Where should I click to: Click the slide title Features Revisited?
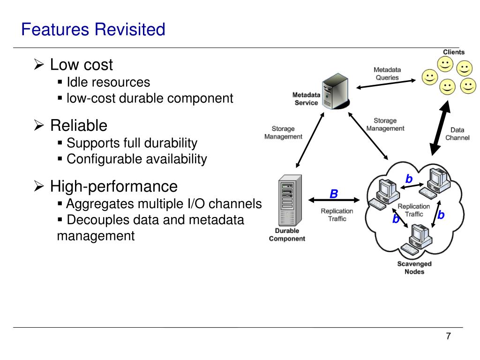click(x=93, y=30)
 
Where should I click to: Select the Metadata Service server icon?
click(x=336, y=91)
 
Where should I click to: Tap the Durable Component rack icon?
click(x=290, y=201)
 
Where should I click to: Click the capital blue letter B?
click(x=334, y=194)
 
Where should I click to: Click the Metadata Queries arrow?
click(x=386, y=84)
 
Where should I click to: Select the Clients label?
click(x=454, y=52)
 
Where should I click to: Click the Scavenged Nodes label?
click(x=414, y=268)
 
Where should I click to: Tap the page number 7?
click(x=448, y=336)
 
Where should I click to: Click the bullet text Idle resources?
click(x=108, y=82)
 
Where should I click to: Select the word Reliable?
click(x=79, y=126)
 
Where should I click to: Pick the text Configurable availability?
click(x=137, y=159)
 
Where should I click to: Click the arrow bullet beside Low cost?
click(x=39, y=65)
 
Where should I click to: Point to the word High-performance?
click(x=114, y=186)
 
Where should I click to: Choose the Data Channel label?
click(x=457, y=134)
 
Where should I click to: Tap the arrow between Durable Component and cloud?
click(x=334, y=200)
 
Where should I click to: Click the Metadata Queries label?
click(x=387, y=74)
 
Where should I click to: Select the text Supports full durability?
click(x=132, y=143)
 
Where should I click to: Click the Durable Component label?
click(x=287, y=234)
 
